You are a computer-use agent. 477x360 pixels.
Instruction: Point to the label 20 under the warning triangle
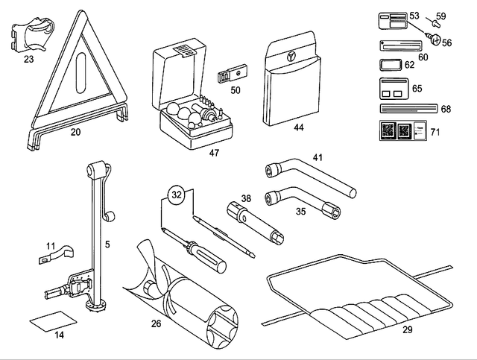(x=75, y=133)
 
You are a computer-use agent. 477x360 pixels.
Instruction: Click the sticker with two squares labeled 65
(x=394, y=88)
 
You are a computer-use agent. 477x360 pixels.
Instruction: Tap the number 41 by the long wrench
(x=318, y=157)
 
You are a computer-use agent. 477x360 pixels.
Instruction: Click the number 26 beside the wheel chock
(x=156, y=324)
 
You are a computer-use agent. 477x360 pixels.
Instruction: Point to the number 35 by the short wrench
(x=300, y=211)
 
